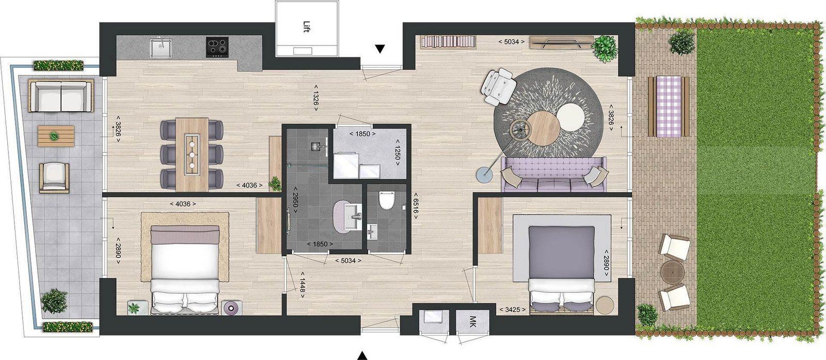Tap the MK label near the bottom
point(473,319)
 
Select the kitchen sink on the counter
point(160,47)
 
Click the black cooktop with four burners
point(217,47)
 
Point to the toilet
point(387,200)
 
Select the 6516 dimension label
point(416,206)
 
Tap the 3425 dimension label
point(513,309)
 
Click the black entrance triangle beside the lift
point(380,49)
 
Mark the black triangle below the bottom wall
point(363,355)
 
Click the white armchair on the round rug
point(499,86)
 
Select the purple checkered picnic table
point(669,106)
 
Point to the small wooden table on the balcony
point(56,136)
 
